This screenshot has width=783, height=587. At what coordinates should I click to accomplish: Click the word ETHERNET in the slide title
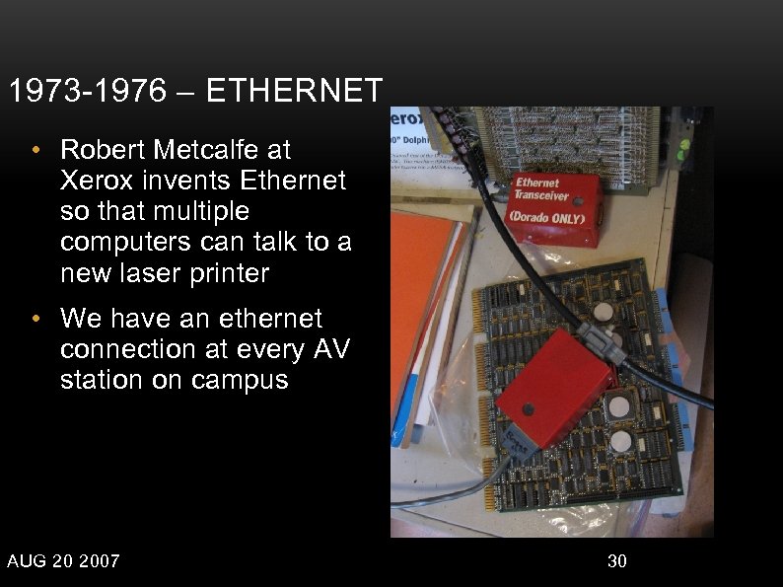click(295, 92)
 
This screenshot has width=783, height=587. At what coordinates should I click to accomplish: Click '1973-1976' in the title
click(87, 92)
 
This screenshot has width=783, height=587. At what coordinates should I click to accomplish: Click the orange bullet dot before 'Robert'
click(36, 151)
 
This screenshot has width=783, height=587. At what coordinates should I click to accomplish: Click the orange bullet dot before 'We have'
click(36, 320)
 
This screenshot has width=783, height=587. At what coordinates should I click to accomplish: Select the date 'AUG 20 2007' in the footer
click(63, 561)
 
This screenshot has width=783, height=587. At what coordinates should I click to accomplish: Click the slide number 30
click(617, 561)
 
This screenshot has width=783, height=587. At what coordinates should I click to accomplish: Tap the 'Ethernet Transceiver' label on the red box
click(538, 188)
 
